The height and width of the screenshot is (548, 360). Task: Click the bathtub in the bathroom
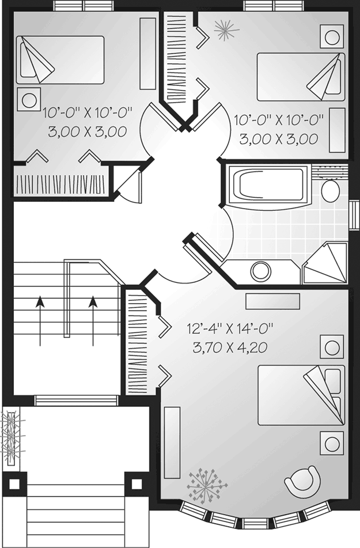pos(268,187)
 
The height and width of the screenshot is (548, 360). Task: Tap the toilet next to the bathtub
pos(330,187)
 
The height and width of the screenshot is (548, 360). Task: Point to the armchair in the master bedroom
pos(302,480)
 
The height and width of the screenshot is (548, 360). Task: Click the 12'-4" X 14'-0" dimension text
pos(230,329)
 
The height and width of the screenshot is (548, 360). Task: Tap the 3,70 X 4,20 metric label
pos(230,347)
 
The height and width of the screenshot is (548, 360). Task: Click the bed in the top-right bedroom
pos(301,77)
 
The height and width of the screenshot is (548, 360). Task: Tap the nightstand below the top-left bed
pos(29,100)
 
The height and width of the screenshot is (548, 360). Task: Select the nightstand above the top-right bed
pos(332,36)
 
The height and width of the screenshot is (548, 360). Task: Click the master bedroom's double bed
pos(301,395)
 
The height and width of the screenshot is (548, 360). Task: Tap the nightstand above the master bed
pos(332,347)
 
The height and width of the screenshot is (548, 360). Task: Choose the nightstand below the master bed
pos(332,443)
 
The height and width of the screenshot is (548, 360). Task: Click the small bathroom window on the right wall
pos(354,216)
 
